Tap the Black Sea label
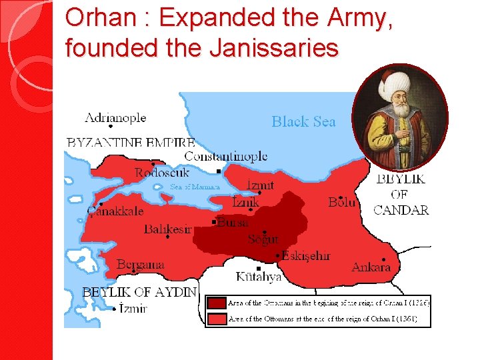[x=303, y=121]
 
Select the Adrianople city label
[x=115, y=117]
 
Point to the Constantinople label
[x=226, y=156]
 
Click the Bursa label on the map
[x=233, y=223]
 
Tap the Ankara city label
[x=371, y=267]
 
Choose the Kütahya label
[x=259, y=277]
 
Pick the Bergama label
[x=140, y=265]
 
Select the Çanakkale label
[x=115, y=211]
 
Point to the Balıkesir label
[x=168, y=229]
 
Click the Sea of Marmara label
[x=195, y=187]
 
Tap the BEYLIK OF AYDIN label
[x=139, y=291]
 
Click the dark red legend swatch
[x=216, y=303]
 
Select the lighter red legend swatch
[x=216, y=319]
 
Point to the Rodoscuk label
[x=162, y=173]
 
